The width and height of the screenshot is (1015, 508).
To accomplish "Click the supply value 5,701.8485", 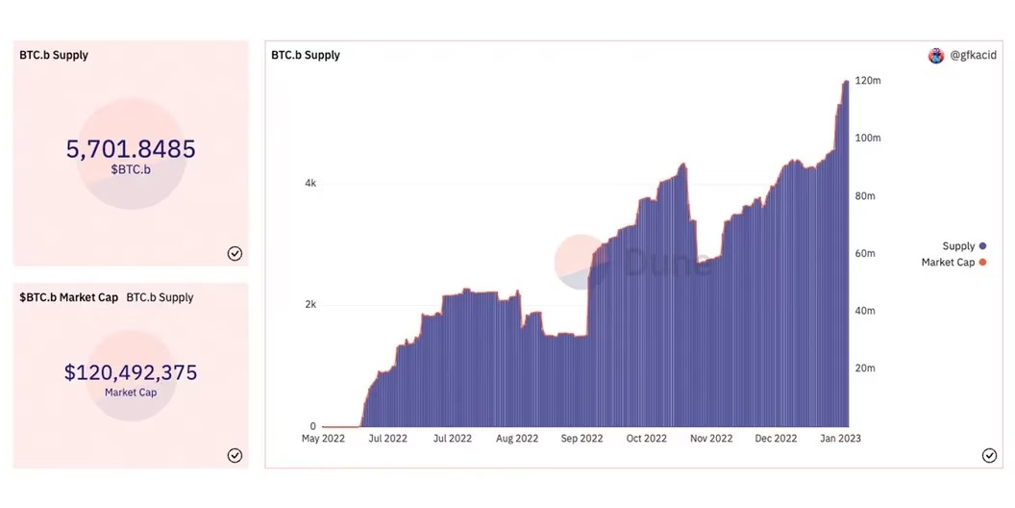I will click(x=131, y=149).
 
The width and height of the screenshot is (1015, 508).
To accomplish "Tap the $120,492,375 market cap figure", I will click(x=131, y=372).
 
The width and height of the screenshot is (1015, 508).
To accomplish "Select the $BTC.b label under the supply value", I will click(x=131, y=169).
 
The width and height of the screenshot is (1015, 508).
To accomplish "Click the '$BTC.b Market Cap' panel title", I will click(x=68, y=297).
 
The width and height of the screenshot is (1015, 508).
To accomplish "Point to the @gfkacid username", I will click(x=973, y=56).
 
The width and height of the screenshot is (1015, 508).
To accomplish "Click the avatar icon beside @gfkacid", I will click(x=936, y=56).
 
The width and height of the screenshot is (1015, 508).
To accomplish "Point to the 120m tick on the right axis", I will click(x=868, y=80).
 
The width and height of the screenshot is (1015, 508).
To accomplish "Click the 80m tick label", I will click(x=868, y=195).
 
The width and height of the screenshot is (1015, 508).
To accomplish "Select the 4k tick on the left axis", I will click(x=310, y=183).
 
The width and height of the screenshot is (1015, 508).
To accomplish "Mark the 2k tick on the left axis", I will click(x=310, y=304).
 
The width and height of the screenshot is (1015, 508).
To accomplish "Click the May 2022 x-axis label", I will click(x=323, y=438).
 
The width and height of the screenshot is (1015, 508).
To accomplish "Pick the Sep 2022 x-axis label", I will click(x=582, y=438).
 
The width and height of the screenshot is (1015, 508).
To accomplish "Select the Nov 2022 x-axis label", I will click(x=711, y=438).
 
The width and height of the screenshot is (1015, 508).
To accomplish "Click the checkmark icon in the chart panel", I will click(x=989, y=455).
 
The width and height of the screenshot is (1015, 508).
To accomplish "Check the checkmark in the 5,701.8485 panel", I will click(x=235, y=253).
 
